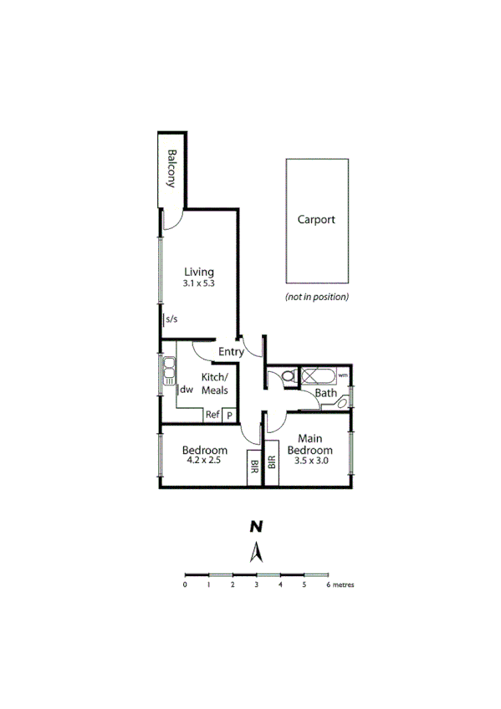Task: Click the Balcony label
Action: [x=171, y=169]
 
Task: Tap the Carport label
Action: [x=316, y=220]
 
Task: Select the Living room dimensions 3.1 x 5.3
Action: [x=199, y=284]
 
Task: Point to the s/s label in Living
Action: [x=171, y=319]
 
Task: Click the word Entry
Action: [x=231, y=352]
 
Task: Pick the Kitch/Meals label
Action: [x=215, y=384]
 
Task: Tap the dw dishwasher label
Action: [x=187, y=390]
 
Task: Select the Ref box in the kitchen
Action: [x=212, y=415]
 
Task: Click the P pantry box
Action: [x=229, y=415]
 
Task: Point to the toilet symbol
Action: [x=288, y=378]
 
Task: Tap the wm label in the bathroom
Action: [x=343, y=375]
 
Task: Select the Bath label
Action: [x=325, y=393]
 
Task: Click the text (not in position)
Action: [x=317, y=298]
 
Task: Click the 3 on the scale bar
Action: [x=256, y=585]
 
